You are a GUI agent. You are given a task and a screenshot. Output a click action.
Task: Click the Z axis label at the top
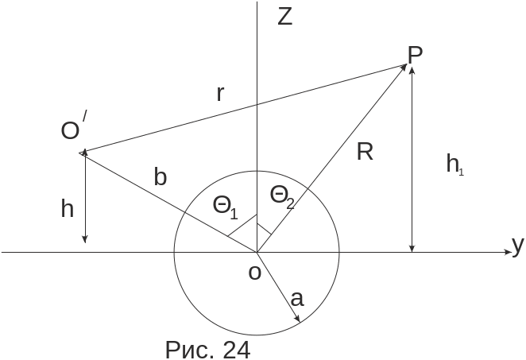click(x=285, y=17)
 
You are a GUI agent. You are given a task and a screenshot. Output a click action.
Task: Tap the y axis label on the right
click(x=518, y=246)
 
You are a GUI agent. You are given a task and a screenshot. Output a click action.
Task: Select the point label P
click(x=415, y=54)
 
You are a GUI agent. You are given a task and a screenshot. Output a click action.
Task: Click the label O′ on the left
click(x=73, y=130)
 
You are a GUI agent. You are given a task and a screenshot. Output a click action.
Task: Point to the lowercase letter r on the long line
click(x=222, y=94)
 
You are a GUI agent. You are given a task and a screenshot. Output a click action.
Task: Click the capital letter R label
click(x=365, y=153)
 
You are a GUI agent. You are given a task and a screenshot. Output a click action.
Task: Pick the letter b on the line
click(x=161, y=177)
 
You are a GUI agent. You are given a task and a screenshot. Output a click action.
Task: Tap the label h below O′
click(x=68, y=210)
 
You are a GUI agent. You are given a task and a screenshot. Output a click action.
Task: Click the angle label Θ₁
click(x=225, y=207)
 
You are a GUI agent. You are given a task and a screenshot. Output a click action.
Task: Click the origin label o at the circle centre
click(x=254, y=273)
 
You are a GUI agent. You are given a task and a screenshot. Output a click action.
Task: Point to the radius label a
click(x=297, y=299)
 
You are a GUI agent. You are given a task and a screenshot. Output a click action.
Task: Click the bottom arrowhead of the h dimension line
click(x=84, y=239)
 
